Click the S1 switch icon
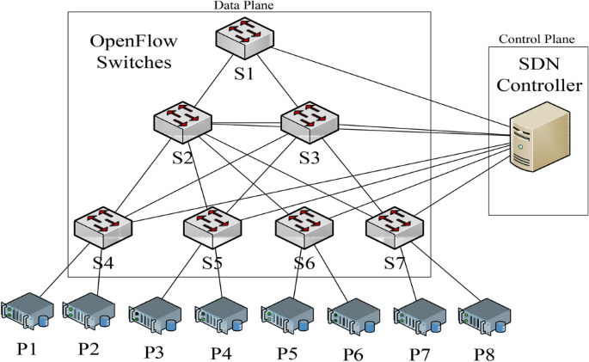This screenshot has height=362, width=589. [244, 38]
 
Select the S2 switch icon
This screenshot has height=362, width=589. [182, 122]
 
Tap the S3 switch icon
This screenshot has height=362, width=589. [310, 122]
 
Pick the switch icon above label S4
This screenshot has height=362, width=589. [103, 228]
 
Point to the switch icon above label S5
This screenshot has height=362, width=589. [212, 228]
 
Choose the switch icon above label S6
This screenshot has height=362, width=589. [304, 228]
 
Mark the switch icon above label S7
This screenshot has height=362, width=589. [395, 228]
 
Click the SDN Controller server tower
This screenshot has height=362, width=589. [540, 137]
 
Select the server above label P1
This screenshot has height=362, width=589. [27, 311]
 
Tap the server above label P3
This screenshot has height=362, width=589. [155, 315]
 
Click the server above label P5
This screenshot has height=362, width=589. [287, 315]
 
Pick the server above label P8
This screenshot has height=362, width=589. [485, 316]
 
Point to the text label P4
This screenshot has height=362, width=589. [221, 353]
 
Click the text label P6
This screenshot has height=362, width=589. [353, 354]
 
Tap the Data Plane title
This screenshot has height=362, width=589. [244, 5]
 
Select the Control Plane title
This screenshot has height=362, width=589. [537, 39]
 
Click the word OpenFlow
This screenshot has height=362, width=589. [133, 41]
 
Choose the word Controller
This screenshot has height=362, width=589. [539, 85]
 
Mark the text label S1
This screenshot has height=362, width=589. [244, 73]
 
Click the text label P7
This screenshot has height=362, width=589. [420, 354]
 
